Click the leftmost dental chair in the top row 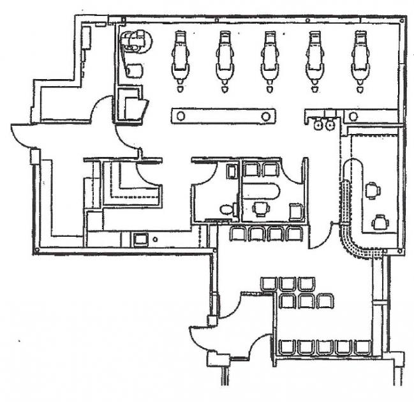pos(181,59)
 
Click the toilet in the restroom pos(225,209)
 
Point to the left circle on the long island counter pos(181,116)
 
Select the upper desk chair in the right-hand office pos(372,190)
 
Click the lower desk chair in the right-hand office pos(380,221)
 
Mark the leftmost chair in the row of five pos(286,347)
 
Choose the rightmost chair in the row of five pos(362,347)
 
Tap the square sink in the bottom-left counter pos(139,239)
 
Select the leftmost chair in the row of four pos(238,234)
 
